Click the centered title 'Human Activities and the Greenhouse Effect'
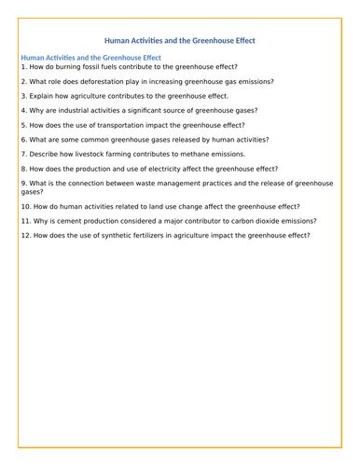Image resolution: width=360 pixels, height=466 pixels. pyautogui.click(x=179, y=40)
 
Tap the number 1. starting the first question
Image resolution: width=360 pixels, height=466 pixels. pyautogui.click(x=24, y=67)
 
